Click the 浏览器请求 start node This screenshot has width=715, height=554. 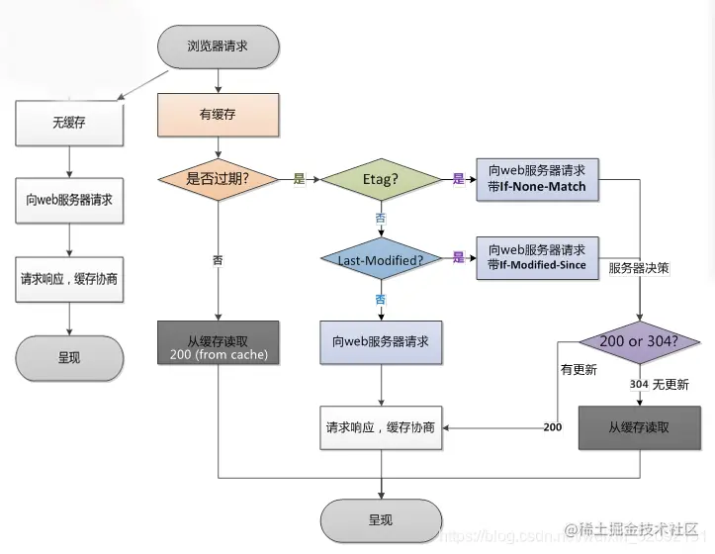[219, 46]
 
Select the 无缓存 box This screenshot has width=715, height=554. [68, 123]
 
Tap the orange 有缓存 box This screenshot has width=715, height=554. [219, 116]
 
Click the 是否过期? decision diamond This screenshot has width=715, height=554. [218, 179]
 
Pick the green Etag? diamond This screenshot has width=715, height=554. [381, 179]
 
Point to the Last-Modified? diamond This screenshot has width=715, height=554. [381, 258]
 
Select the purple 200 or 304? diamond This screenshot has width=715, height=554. [640, 342]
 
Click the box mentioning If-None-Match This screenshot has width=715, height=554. [537, 178]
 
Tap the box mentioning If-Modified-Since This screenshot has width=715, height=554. [537, 257]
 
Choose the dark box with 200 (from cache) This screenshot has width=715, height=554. [218, 342]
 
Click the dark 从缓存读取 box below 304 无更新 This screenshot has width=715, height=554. [639, 427]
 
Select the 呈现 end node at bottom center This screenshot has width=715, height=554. [381, 519]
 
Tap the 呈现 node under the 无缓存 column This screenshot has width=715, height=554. [68, 358]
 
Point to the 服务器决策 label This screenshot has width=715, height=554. [639, 268]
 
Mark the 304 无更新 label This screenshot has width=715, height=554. [659, 384]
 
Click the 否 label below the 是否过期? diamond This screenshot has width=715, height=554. [218, 260]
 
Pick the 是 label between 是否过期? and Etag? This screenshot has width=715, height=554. [299, 179]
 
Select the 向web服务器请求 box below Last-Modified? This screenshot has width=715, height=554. [381, 341]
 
